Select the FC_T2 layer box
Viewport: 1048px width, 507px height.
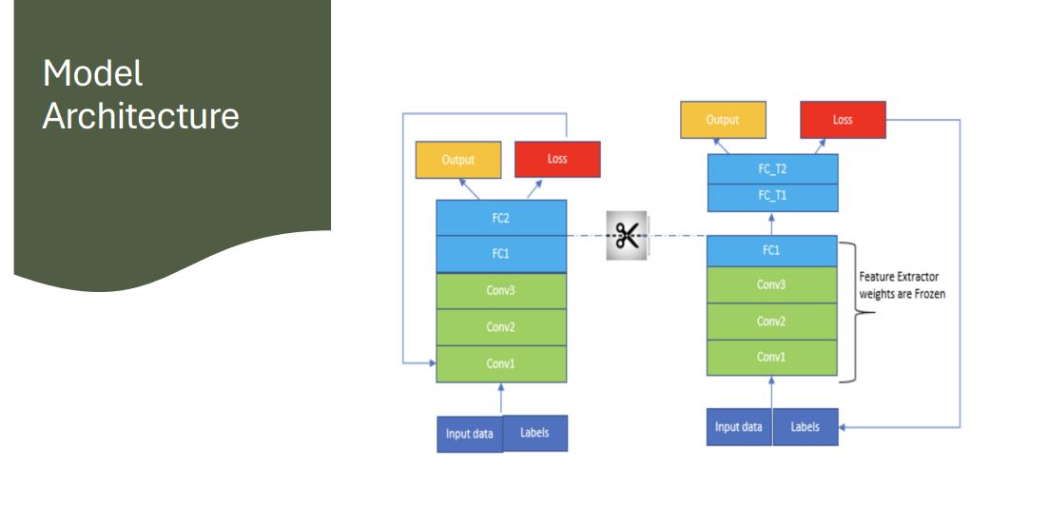[x=772, y=169]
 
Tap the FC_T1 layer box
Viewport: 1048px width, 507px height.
[x=772, y=196]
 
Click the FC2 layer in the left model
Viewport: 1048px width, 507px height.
[x=501, y=218]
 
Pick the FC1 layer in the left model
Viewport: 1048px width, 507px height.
[x=501, y=255]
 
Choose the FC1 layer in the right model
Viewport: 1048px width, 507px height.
[x=771, y=252]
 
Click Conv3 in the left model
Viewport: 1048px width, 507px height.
[x=501, y=291]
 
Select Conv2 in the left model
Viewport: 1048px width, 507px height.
[x=501, y=327]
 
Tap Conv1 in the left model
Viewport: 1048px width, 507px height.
[x=501, y=363]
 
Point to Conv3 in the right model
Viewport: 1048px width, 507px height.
[x=771, y=284]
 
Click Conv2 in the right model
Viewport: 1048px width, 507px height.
[x=771, y=322]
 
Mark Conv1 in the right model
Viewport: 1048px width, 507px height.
[x=771, y=357]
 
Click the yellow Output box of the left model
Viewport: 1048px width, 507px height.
[x=457, y=160]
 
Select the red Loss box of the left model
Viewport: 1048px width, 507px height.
[x=557, y=159]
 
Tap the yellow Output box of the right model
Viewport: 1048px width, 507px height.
[x=722, y=121]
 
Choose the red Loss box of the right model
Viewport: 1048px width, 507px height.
[x=843, y=121]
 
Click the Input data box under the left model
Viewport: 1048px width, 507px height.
[x=470, y=434]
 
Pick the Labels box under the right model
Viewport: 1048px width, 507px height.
[x=805, y=427]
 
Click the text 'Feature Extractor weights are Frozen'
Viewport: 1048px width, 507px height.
[x=902, y=284]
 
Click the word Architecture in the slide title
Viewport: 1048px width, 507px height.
[x=141, y=116]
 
